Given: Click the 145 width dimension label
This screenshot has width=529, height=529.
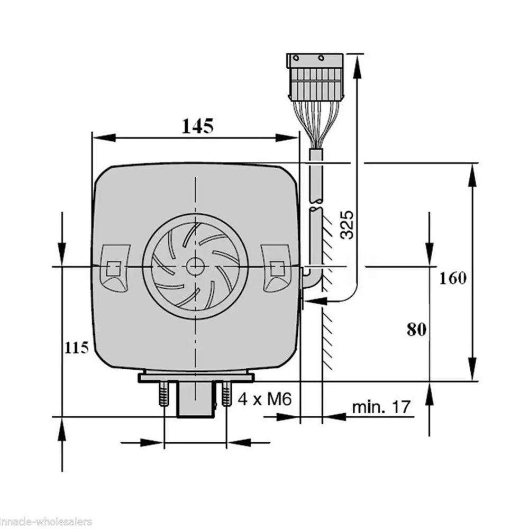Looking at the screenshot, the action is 198,126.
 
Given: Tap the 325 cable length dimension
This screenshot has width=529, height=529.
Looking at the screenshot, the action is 347,225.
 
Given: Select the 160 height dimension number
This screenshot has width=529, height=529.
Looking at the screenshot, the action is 453,278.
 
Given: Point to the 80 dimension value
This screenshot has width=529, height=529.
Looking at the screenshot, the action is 417,329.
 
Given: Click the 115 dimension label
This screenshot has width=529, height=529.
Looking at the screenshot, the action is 77,348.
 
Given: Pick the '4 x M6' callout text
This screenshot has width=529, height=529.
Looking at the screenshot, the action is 264,399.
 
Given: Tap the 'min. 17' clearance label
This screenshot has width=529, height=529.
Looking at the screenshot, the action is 381,407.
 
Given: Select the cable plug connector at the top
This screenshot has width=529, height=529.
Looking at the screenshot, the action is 315,77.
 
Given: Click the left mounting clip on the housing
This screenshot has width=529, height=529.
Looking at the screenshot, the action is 115,268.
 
